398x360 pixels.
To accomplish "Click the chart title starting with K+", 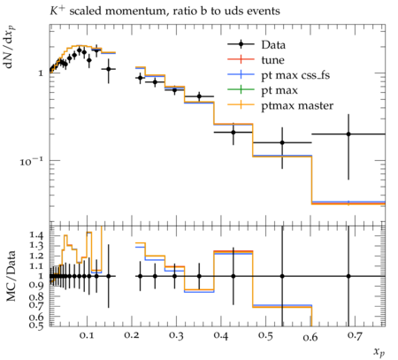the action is (165, 11).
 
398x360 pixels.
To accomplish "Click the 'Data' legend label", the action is (273, 45).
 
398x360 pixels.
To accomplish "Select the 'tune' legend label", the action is (272, 60).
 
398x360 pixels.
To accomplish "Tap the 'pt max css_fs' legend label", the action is (295, 75).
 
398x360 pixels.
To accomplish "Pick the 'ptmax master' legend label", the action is (297, 106).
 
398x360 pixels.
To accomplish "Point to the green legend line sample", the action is (241, 89).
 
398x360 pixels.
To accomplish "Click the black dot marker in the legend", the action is (241, 44).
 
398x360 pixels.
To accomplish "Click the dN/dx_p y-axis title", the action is (9, 47).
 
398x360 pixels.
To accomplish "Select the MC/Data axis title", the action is (11, 276).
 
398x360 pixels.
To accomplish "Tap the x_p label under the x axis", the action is (379, 352).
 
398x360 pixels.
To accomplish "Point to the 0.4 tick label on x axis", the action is (220, 335).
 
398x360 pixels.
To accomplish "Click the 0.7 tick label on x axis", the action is (355, 335).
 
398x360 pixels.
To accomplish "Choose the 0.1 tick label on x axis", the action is (87, 335).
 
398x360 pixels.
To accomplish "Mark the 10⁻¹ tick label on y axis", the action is (31, 161).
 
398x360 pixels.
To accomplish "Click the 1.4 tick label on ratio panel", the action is (36, 235).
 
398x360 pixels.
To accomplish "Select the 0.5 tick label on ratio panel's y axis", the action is (36, 325).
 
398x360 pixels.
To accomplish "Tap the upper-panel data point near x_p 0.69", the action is (348, 134).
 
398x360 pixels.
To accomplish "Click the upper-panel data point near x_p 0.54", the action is (282, 142).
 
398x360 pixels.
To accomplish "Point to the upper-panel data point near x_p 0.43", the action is (233, 132).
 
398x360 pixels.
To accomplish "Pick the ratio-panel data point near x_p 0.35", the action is (199, 276).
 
